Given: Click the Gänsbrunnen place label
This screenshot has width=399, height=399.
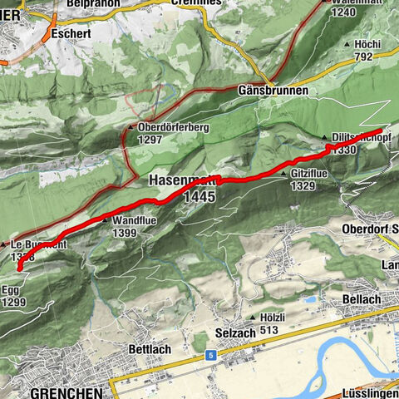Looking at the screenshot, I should (272, 90).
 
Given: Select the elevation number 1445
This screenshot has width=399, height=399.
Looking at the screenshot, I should (201, 197).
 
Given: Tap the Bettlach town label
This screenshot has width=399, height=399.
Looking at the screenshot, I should (150, 349).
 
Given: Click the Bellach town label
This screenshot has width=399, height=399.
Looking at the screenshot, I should (362, 298).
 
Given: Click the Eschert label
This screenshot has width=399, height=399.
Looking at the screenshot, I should (71, 35).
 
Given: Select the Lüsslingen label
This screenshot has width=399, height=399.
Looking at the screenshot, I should (370, 392).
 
